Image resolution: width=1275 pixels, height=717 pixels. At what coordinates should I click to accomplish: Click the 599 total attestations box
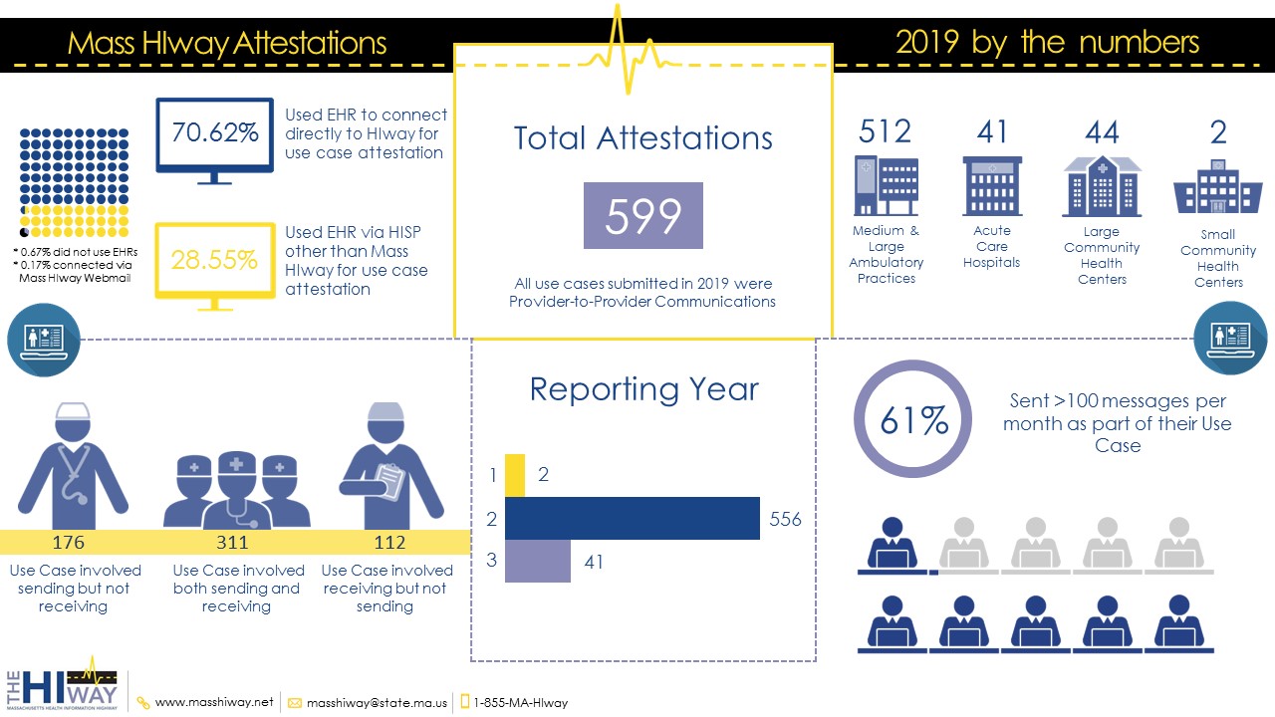[642, 215]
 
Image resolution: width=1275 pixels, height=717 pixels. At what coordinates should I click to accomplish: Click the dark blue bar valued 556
[633, 518]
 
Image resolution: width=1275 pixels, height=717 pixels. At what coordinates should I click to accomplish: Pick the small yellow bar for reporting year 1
[515, 475]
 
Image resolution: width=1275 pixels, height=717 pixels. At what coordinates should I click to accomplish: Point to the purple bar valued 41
[538, 562]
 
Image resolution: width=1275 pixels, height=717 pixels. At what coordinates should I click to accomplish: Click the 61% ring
[913, 419]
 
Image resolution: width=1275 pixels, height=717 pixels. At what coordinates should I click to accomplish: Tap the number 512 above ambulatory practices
[885, 131]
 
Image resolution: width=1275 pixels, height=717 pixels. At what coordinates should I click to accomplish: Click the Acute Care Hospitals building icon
[992, 185]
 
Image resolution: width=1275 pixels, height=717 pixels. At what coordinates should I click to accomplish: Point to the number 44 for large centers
[1102, 131]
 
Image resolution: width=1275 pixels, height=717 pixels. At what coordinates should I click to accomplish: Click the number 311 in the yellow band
[232, 543]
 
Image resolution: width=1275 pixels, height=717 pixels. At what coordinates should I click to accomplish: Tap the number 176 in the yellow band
[69, 543]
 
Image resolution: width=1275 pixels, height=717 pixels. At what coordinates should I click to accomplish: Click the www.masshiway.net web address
[213, 702]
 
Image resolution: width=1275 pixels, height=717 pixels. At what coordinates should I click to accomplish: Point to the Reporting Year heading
[643, 388]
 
